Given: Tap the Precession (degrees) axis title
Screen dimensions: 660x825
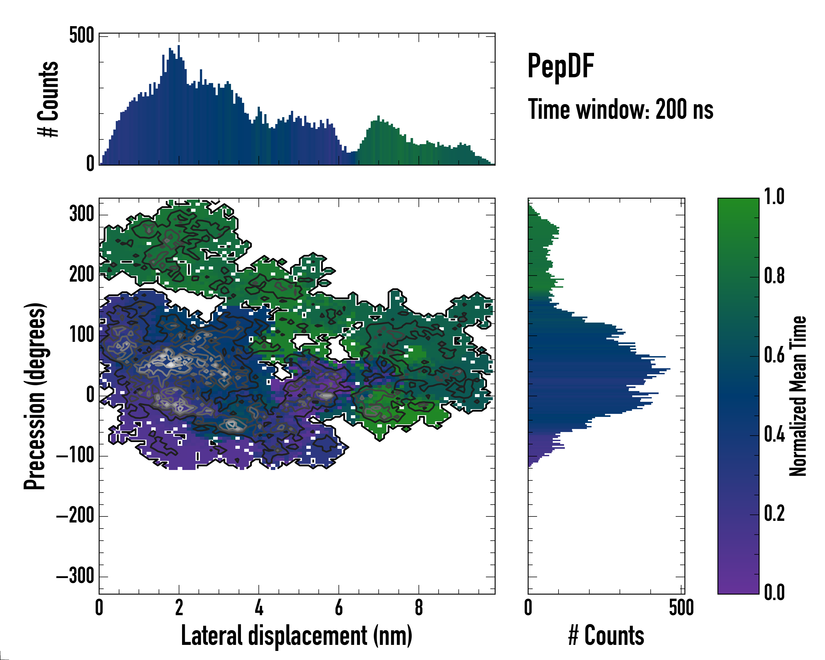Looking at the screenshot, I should (35, 396).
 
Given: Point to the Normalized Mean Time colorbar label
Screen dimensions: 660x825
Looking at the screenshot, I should (798, 396).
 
